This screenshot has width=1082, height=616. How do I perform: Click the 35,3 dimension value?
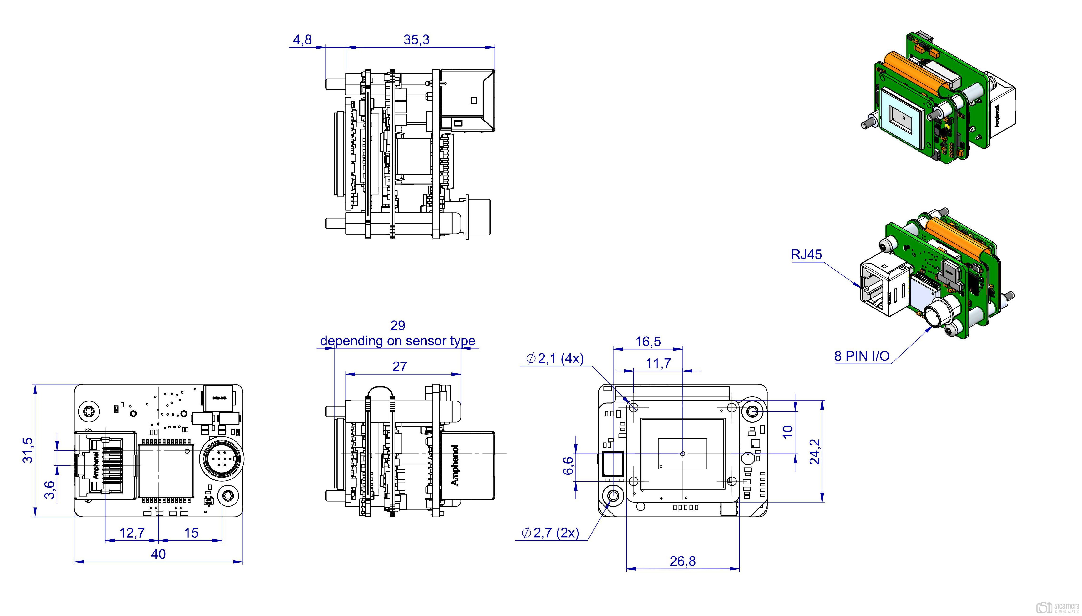coord(416,40)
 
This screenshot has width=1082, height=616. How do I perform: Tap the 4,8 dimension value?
coord(302,40)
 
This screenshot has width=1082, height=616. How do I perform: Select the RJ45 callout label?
coord(806,255)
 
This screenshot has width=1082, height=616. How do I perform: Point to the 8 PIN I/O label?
coord(862,356)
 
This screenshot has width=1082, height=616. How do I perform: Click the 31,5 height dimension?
coord(28,450)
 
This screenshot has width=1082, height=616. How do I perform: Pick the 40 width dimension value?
coord(158,554)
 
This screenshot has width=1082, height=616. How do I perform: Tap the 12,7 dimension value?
coord(132,533)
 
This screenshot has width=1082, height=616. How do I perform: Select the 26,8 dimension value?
coord(682,562)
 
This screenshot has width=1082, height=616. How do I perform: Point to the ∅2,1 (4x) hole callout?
coord(555,359)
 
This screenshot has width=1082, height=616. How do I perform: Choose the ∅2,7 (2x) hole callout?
coord(551,533)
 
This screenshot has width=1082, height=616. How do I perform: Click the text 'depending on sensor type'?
coord(397,341)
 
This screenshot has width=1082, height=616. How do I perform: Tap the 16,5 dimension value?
coord(648,342)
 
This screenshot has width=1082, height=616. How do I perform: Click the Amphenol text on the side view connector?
coord(455,465)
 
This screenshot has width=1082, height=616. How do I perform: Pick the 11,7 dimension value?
coord(658,363)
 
